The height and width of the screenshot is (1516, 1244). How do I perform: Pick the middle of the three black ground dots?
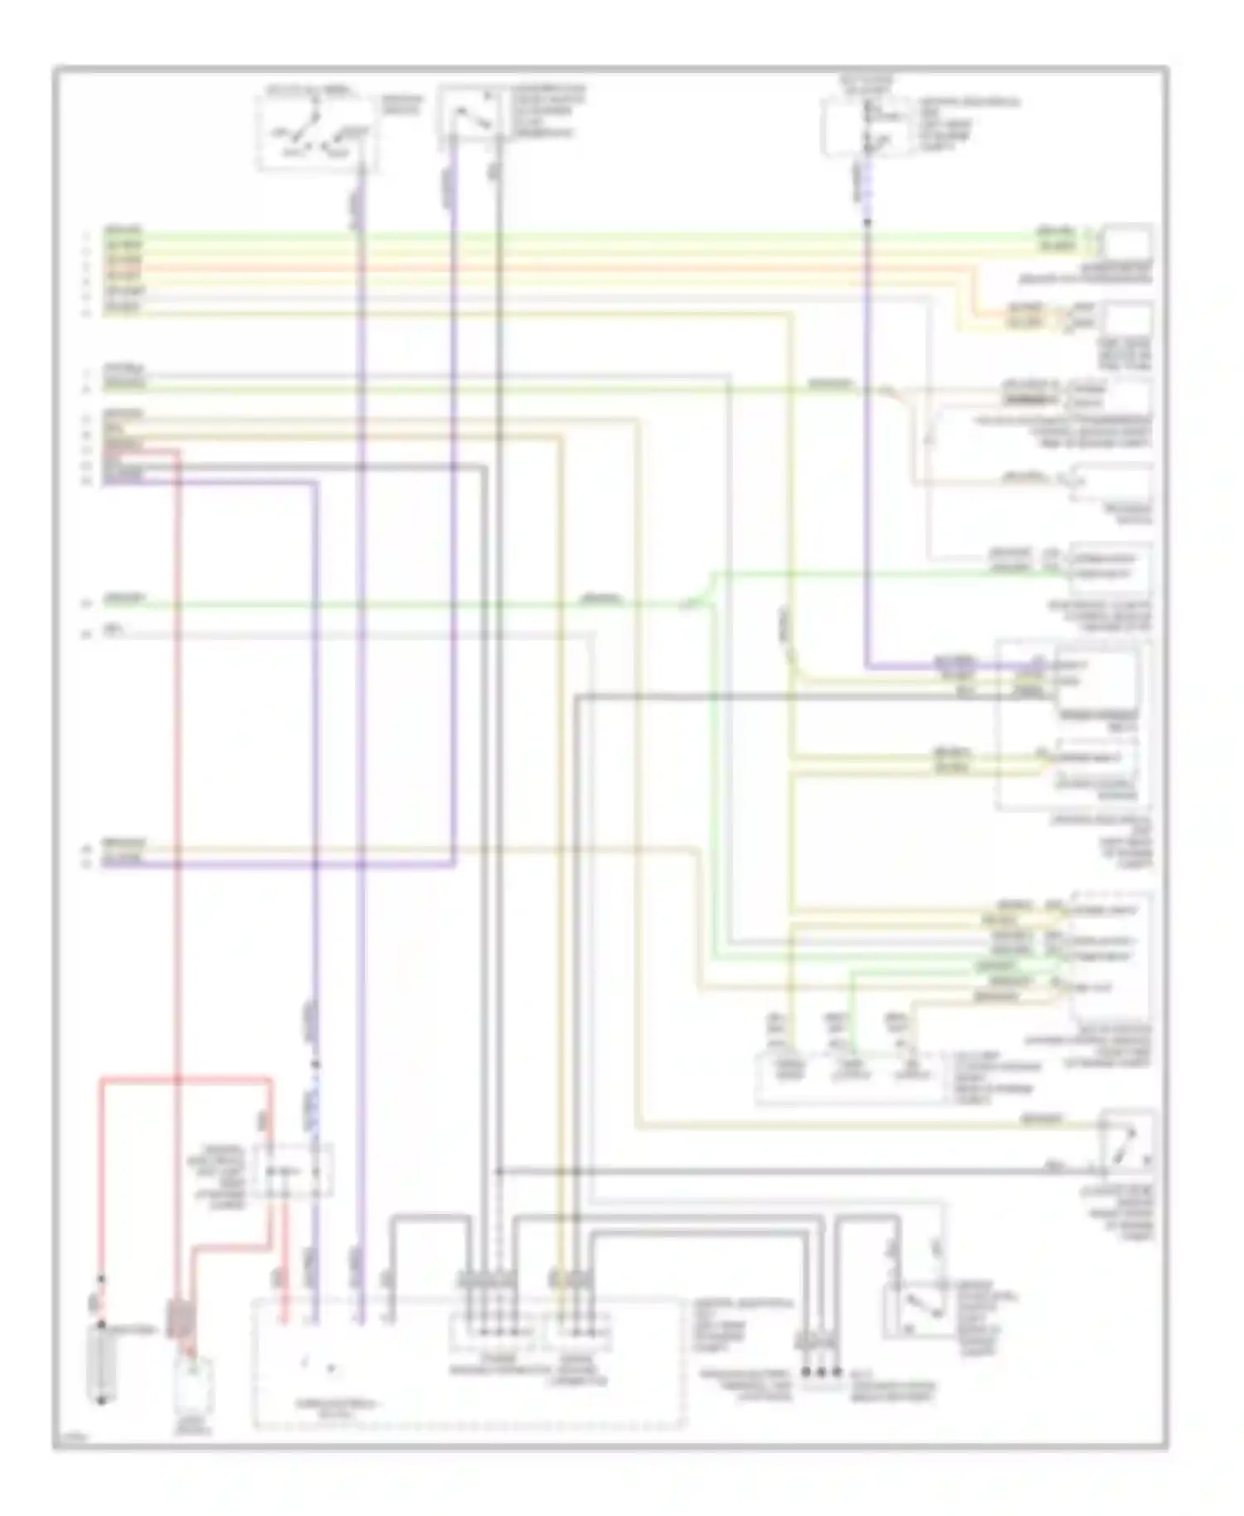(x=821, y=1372)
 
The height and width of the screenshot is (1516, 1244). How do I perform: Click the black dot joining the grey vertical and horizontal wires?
(x=498, y=1171)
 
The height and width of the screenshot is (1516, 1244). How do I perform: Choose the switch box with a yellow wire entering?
(x=1126, y=1143)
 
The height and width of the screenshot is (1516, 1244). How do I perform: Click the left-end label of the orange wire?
(x=123, y=269)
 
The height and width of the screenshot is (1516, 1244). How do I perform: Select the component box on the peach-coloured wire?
(x=1111, y=482)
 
